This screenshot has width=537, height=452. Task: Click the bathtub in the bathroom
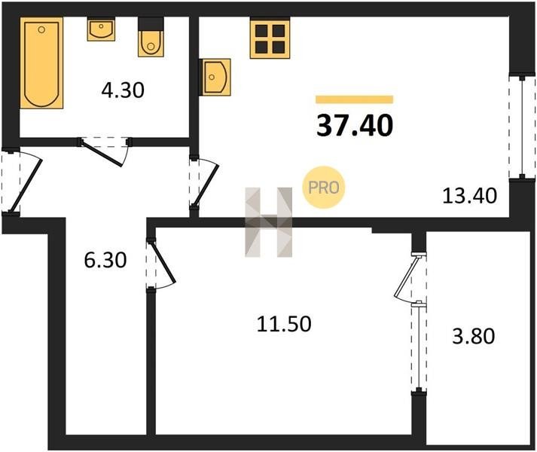(41, 63)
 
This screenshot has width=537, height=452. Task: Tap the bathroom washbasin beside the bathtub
(101, 29)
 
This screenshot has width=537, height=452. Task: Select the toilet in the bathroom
(151, 37)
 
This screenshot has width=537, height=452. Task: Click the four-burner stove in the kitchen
(270, 38)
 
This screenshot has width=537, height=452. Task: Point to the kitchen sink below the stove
(215, 77)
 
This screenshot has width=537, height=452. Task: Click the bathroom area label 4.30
(123, 91)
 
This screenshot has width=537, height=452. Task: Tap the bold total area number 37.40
(355, 125)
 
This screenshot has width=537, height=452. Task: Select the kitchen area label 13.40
(469, 197)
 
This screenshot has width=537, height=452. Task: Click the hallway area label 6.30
(105, 260)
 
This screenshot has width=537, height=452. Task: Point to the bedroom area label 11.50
(284, 324)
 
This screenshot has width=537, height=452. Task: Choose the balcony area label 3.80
(474, 336)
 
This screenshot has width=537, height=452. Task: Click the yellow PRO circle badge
(324, 187)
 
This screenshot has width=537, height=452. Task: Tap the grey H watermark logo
(268, 222)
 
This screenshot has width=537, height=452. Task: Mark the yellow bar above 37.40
(355, 99)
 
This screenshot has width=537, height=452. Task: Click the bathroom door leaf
(102, 153)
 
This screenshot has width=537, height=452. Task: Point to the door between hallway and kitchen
(206, 185)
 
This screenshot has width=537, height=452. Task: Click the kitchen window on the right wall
(522, 127)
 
